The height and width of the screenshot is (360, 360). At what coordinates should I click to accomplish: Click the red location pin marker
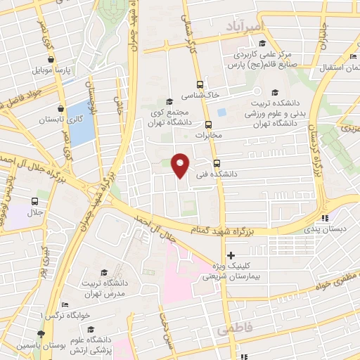coord(181,165)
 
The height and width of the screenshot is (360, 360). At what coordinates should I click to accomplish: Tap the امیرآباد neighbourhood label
coord(245,26)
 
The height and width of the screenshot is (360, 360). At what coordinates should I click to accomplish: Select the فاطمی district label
coord(234,328)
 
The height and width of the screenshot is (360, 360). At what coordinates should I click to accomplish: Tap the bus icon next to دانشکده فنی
coord(216,160)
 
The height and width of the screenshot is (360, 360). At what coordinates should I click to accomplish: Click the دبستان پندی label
coord(324,229)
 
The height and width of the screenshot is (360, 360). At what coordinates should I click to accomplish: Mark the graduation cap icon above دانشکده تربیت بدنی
coord(274,91)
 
